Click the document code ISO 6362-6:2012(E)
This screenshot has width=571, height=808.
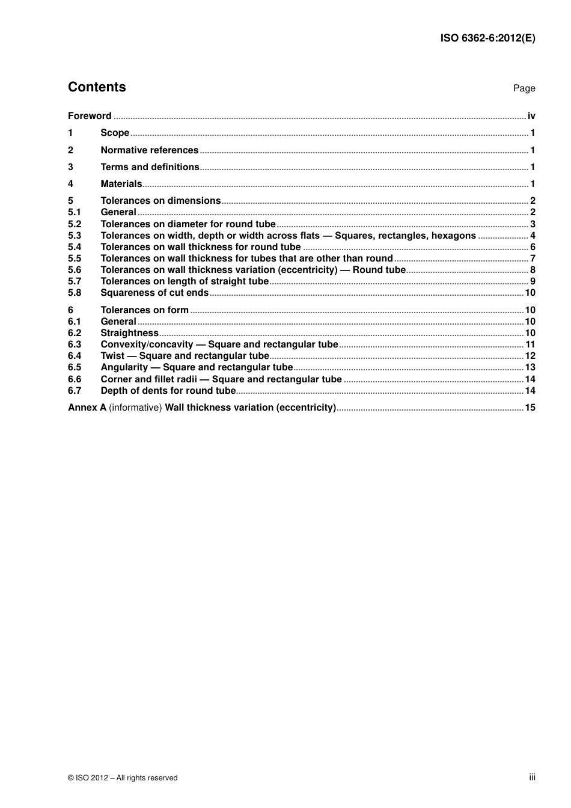487,38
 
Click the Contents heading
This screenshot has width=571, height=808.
97,87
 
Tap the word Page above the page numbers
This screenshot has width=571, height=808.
524,88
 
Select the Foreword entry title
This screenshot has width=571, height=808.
90,116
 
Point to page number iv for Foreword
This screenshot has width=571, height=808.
531,116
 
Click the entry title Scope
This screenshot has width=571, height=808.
115,133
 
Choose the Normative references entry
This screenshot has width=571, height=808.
149,150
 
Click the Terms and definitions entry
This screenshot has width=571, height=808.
150,167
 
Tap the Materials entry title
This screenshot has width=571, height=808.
121,184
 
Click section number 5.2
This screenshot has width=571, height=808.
75,224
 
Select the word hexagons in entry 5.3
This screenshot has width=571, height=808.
453,236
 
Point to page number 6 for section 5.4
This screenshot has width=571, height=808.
533,247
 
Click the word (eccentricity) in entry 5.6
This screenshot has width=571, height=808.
308,270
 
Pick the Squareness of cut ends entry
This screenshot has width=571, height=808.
154,293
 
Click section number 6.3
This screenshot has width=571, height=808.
75,344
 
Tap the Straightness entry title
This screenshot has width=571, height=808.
129,333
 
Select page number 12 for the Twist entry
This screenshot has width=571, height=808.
530,356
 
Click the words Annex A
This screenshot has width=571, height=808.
87,408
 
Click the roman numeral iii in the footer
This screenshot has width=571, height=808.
532,777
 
